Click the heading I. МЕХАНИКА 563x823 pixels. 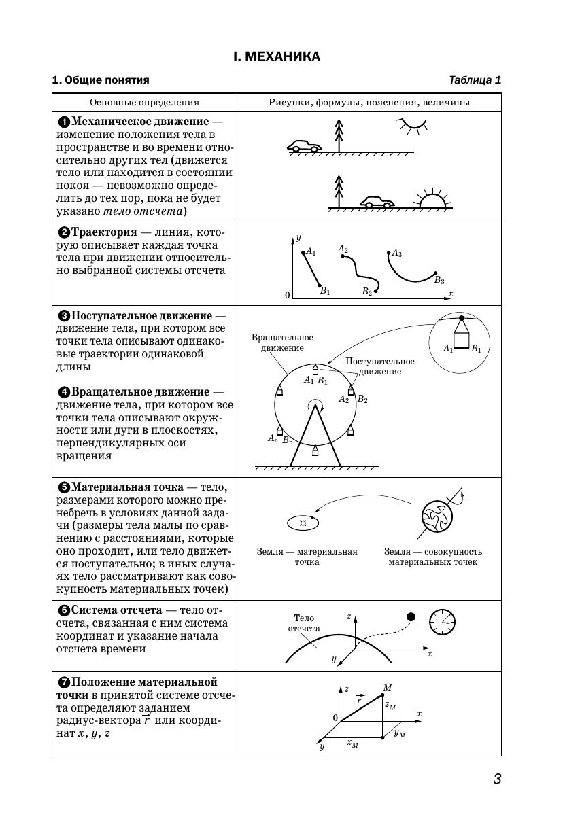(x=276, y=56)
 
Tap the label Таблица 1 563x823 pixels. (x=475, y=80)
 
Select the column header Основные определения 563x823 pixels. (x=144, y=103)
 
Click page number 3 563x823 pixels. (x=497, y=779)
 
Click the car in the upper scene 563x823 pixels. (x=304, y=146)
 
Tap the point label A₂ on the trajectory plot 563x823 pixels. (x=343, y=249)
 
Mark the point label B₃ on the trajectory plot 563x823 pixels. (x=439, y=280)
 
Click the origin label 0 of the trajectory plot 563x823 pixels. (x=287, y=295)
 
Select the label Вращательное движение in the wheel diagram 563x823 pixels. (x=281, y=343)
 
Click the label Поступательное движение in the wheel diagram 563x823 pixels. (x=379, y=366)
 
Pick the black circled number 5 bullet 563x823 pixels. (x=65, y=487)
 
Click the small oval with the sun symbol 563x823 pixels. (x=303, y=523)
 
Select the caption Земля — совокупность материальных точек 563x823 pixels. (x=432, y=557)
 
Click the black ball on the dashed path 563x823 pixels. (x=410, y=616)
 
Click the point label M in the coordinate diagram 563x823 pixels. (x=387, y=688)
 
